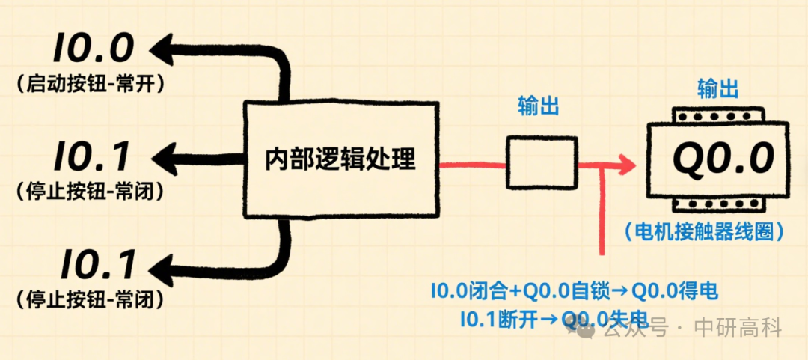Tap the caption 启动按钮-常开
(91, 85)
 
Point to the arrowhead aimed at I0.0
(162, 49)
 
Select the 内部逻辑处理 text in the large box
(340, 159)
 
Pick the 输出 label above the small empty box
(539, 106)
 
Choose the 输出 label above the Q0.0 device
(717, 88)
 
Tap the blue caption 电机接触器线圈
(705, 231)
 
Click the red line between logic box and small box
(472, 165)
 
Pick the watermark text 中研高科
(738, 328)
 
